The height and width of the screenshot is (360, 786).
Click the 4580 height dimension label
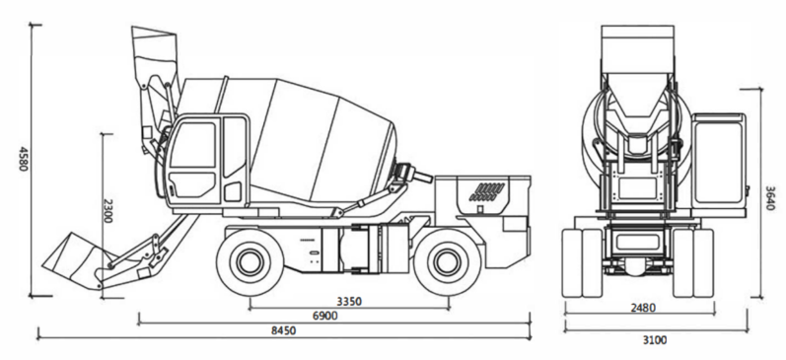coord(23,159)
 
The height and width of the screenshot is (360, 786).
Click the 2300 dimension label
coord(107,211)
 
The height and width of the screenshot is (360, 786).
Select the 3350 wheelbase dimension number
coord(349,302)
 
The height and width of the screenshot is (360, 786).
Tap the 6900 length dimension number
coord(324,316)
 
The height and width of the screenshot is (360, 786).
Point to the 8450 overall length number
coord(284,330)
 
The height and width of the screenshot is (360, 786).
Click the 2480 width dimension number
coord(642,308)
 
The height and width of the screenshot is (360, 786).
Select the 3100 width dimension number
coord(655,340)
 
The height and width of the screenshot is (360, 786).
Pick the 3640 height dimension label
coord(770,198)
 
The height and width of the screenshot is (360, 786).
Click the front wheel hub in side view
coord(250,261)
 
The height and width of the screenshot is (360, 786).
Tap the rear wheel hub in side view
coord(446,261)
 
